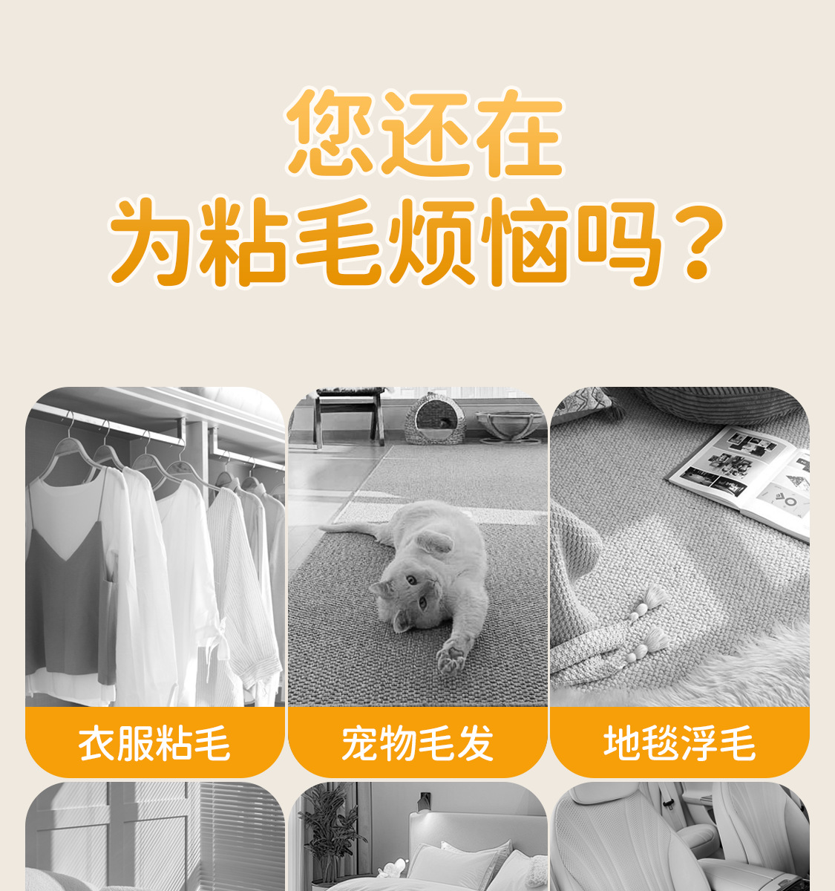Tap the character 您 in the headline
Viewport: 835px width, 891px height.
click(x=330, y=132)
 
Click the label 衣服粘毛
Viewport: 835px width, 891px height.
click(x=154, y=744)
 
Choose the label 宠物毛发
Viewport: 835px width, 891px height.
click(x=418, y=744)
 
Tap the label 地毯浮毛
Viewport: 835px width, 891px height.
click(x=680, y=744)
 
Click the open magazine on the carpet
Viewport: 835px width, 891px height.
click(x=741, y=480)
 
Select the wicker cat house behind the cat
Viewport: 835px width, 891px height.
click(x=429, y=419)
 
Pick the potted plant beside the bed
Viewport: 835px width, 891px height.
click(x=330, y=838)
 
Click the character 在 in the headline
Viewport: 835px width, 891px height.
click(x=520, y=132)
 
